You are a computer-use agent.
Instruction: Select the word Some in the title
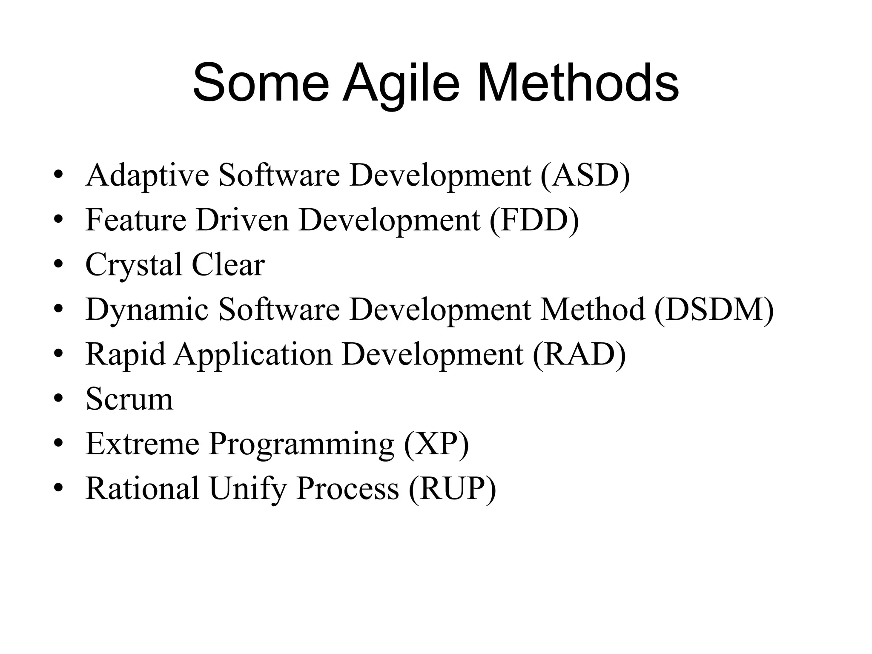tap(261, 83)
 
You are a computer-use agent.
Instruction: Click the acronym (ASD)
tap(585, 175)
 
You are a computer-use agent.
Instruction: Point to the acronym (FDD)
tap(534, 220)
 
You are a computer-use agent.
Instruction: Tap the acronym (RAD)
tap(579, 354)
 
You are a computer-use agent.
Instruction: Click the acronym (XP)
tap(436, 444)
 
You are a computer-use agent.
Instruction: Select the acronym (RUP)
tap(452, 488)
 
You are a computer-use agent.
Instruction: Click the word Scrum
tap(129, 399)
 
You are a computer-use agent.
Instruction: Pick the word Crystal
tap(134, 265)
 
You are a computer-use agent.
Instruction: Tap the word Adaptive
tap(147, 175)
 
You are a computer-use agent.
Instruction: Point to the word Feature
tap(136, 220)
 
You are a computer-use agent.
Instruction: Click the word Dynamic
tap(147, 310)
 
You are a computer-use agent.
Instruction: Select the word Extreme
tap(142, 444)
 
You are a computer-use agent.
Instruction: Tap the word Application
tap(253, 354)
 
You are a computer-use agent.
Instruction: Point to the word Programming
tap(301, 444)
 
